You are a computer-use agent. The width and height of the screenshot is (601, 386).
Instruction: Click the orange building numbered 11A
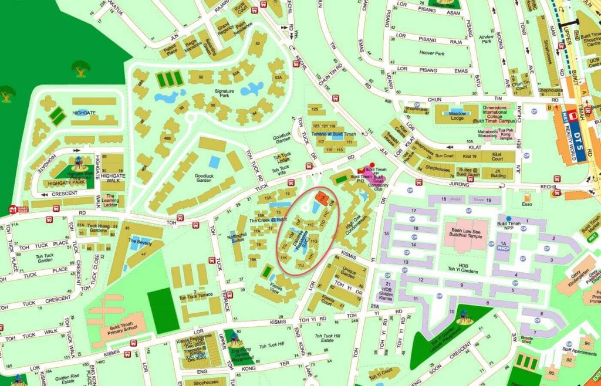(321, 197)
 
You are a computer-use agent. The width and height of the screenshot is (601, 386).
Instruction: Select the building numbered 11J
(301, 266)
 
